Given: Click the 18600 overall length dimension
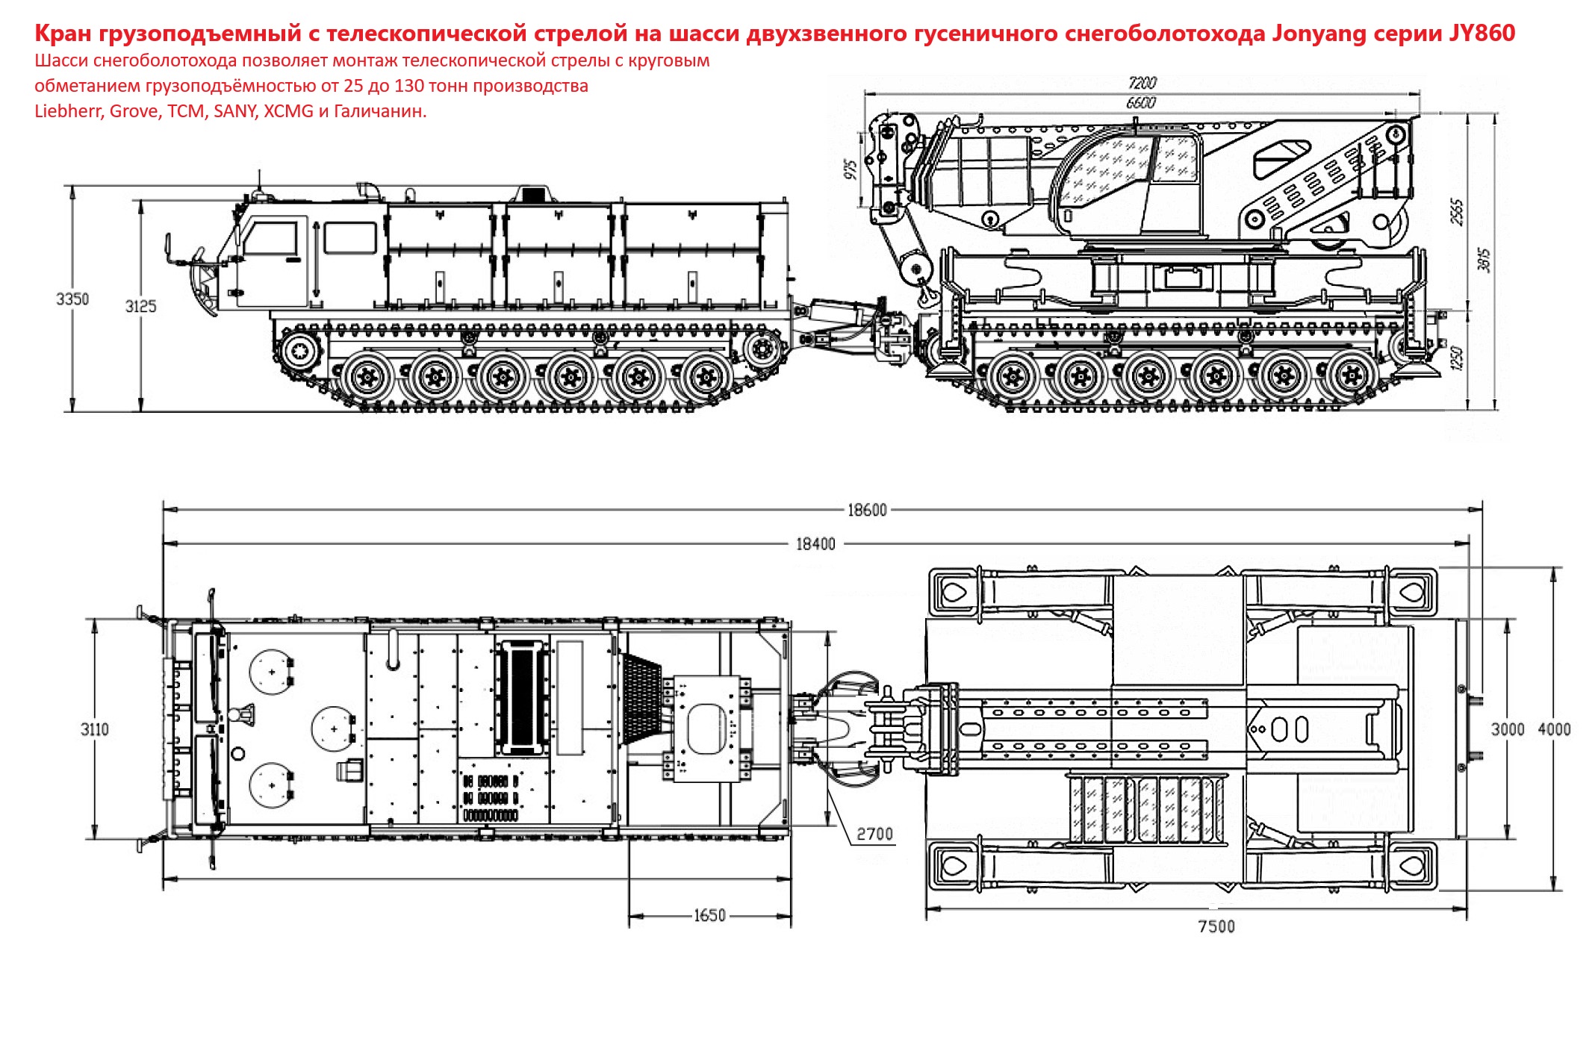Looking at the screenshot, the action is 867,510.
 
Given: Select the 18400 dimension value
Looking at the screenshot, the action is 815,544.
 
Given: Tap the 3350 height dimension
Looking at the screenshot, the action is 72,299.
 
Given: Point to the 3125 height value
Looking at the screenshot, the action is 140,307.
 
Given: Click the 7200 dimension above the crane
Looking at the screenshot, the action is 1142,83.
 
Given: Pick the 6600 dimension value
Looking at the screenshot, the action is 1141,103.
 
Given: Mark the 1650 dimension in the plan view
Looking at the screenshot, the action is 709,916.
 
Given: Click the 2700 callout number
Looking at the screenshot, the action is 874,834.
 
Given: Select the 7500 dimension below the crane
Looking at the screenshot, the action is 1216,926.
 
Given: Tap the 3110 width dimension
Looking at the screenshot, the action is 95,729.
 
